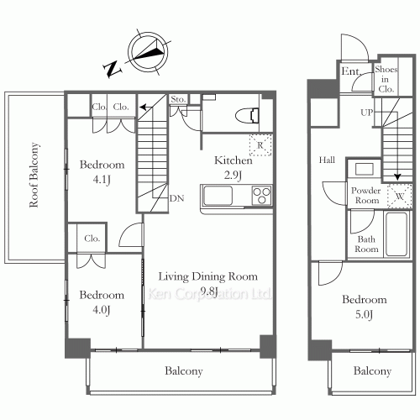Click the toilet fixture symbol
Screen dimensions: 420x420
click(247, 116)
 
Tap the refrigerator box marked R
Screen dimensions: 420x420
click(260, 145)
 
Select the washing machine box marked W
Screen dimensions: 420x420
click(400, 196)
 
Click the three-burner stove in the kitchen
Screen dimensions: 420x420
click(261, 196)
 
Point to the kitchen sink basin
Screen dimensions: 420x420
click(218, 196)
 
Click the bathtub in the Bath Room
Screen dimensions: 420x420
click(396, 234)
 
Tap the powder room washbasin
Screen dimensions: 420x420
click(364, 169)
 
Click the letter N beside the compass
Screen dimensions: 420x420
click(113, 69)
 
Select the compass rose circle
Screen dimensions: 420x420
click(148, 52)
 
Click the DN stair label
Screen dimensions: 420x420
click(176, 198)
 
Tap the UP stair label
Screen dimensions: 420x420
click(367, 113)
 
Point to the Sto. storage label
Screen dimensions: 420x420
click(178, 99)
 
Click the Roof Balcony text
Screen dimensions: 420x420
click(34, 175)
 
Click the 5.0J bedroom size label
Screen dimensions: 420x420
click(364, 315)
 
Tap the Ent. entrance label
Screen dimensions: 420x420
click(351, 71)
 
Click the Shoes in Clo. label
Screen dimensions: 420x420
click(386, 79)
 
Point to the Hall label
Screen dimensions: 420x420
click(327, 160)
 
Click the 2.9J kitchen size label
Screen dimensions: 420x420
click(233, 176)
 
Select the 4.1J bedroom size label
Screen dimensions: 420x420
click(102, 180)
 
